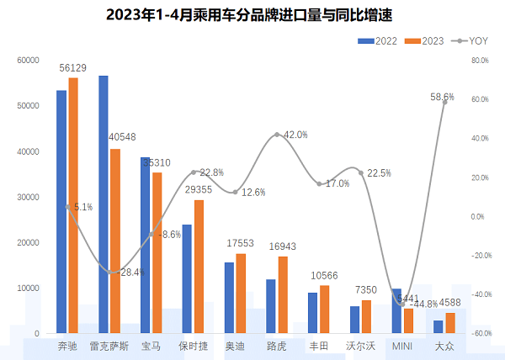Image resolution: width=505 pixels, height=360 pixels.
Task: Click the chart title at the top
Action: [252, 14]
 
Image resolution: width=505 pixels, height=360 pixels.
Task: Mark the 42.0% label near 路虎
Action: [295, 135]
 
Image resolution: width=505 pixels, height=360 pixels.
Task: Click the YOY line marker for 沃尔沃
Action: [361, 172]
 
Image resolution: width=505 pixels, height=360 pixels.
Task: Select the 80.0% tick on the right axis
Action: [481, 61]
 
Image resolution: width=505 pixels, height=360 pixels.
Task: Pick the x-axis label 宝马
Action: [151, 346]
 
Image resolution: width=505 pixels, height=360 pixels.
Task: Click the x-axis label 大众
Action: [444, 346]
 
